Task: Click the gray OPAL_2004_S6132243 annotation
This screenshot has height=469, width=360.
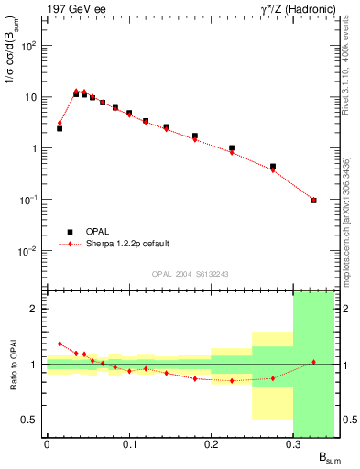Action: click(x=190, y=274)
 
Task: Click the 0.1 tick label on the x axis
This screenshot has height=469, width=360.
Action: click(x=128, y=445)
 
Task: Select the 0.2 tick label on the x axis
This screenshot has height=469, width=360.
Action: click(x=211, y=445)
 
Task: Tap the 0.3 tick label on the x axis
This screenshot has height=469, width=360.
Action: click(x=293, y=445)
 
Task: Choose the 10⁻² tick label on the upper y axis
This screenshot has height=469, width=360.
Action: click(x=30, y=251)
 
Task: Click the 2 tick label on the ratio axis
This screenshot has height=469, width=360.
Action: click(x=35, y=310)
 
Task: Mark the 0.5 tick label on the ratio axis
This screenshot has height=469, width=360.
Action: click(x=31, y=420)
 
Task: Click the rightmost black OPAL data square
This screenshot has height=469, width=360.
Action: click(x=314, y=200)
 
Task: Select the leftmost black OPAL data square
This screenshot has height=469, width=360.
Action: click(x=60, y=128)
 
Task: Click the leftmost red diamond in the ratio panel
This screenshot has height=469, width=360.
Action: click(x=60, y=344)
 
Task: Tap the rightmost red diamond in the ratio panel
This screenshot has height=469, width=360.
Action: click(x=314, y=362)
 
